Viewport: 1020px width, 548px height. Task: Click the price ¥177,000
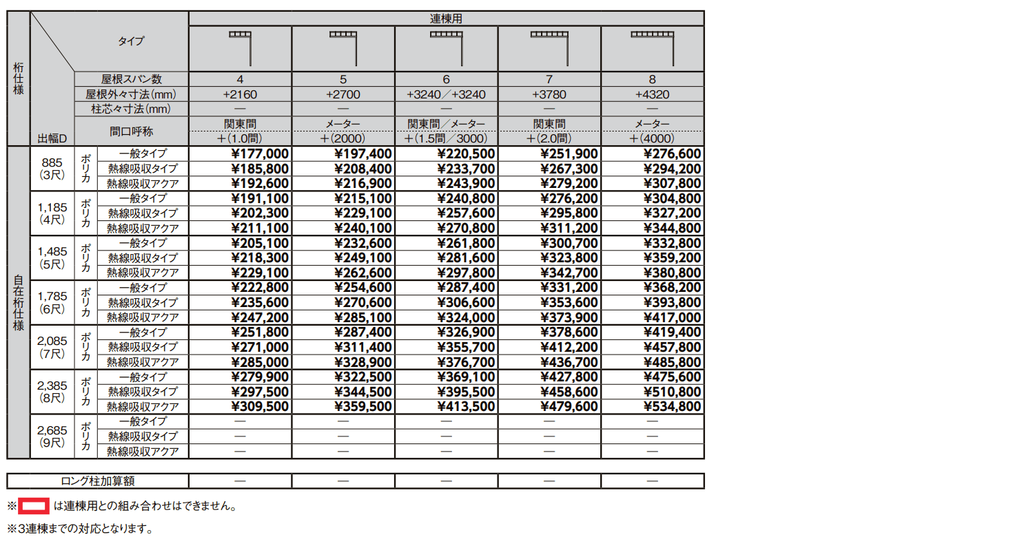(x=261, y=154)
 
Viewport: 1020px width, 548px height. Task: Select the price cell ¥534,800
(x=672, y=407)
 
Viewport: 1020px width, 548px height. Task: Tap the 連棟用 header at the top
(x=446, y=19)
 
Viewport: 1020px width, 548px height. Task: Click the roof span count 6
(x=446, y=79)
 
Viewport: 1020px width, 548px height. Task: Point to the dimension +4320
(x=652, y=94)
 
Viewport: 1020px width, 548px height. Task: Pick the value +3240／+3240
(x=446, y=94)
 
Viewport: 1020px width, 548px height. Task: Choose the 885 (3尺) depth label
(x=52, y=169)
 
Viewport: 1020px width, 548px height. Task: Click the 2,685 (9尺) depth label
(x=52, y=436)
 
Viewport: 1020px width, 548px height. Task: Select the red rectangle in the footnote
(x=33, y=507)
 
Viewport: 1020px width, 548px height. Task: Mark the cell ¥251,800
(x=261, y=333)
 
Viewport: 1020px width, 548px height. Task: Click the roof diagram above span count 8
(x=652, y=48)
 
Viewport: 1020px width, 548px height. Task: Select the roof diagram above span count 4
(x=240, y=48)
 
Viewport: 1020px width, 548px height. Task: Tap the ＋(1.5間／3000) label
(x=446, y=138)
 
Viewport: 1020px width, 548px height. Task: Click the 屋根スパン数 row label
(x=130, y=79)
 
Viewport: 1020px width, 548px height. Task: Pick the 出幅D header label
(x=52, y=138)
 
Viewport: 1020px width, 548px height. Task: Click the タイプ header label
(x=131, y=41)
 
